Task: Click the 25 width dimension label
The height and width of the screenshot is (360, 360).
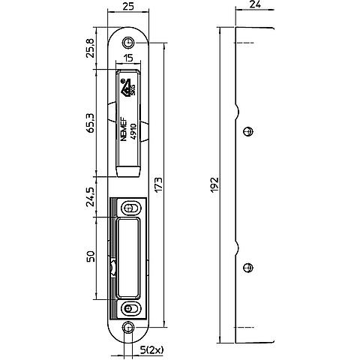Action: point(128,6)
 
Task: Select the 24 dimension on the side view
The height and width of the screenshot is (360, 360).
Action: point(255,4)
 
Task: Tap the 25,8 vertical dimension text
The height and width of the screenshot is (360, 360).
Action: point(90,48)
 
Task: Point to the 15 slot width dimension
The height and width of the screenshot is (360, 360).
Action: point(128,58)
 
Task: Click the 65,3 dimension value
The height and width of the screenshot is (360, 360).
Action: point(90,123)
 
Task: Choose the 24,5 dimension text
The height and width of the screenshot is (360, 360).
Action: point(90,197)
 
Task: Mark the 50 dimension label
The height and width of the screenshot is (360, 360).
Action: point(91,256)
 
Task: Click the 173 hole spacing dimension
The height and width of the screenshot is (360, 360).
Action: point(158,184)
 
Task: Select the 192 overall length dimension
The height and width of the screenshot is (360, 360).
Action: point(214,184)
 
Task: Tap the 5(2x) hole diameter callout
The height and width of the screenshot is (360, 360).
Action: point(151,349)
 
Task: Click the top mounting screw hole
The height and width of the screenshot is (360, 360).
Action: point(128,43)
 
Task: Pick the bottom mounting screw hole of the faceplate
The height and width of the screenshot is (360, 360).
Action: point(128,327)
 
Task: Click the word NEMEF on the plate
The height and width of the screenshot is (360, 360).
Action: point(124,129)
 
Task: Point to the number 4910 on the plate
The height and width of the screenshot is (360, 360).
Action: point(133,131)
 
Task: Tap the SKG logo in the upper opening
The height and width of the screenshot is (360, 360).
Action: point(128,88)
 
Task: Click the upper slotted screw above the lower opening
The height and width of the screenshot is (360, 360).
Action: point(130,208)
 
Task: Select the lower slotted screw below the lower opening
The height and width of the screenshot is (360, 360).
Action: point(130,308)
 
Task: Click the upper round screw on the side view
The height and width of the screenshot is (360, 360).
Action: point(248,131)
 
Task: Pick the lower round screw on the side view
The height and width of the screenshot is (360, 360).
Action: point(248,268)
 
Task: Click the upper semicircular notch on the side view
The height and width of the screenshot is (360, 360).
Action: point(238,112)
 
